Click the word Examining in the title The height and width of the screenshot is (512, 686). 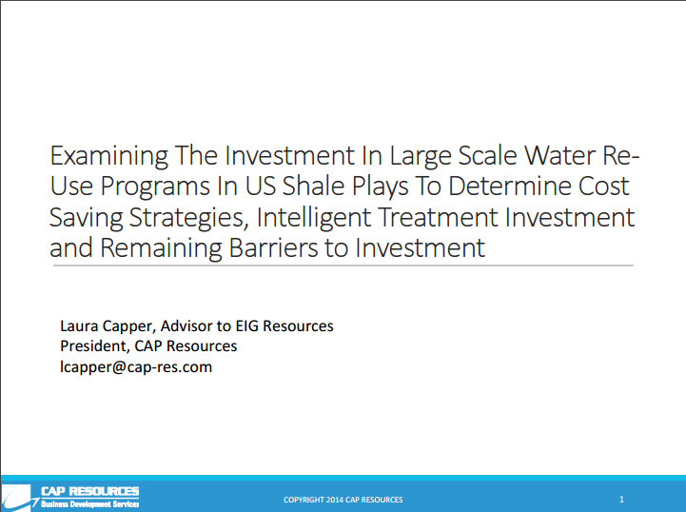[108, 156]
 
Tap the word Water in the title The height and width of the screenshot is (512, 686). [560, 155]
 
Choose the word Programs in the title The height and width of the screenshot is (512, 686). [155, 187]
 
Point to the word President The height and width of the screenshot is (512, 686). [95, 346]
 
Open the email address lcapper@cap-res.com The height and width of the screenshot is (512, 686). [136, 367]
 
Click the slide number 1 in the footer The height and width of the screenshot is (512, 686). [621, 500]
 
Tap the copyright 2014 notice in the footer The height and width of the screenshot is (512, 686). [343, 500]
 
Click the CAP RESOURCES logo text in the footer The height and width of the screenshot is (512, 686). [90, 491]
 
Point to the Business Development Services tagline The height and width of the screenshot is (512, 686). [90, 504]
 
